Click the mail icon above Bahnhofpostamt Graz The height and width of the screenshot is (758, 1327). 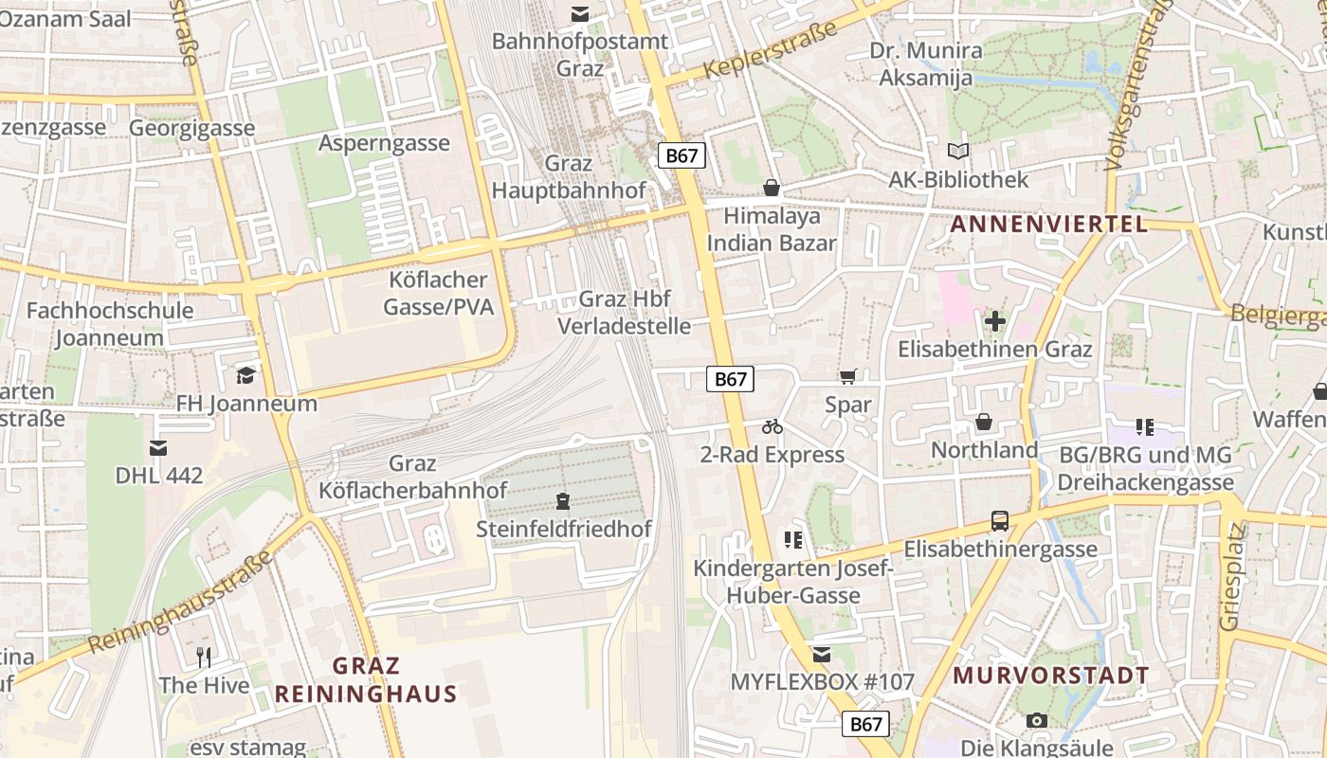click(x=579, y=14)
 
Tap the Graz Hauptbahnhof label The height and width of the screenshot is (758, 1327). click(x=569, y=177)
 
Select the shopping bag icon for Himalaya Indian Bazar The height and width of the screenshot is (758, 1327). click(x=772, y=188)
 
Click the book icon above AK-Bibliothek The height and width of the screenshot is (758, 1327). click(x=958, y=152)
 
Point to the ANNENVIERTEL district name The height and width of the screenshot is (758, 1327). click(x=1049, y=225)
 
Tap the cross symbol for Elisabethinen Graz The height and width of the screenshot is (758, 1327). click(x=994, y=321)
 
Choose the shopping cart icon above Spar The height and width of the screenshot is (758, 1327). click(x=847, y=376)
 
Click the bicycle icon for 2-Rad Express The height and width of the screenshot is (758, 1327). click(x=773, y=426)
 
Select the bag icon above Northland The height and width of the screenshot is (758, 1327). click(x=984, y=422)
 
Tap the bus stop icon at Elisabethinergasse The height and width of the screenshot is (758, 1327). click(x=1000, y=520)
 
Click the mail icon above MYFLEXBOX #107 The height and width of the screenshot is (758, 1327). click(x=822, y=654)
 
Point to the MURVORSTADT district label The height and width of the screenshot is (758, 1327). click(x=1051, y=677)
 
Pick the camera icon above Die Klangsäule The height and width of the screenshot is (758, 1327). click(x=1037, y=720)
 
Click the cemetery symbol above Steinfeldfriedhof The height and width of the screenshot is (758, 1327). click(x=564, y=500)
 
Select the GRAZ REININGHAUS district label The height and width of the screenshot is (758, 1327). click(x=366, y=680)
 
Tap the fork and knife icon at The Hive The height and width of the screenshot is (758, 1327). click(x=204, y=657)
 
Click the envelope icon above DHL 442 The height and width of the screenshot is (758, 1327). click(x=158, y=447)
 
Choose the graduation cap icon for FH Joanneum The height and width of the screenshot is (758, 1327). click(x=246, y=375)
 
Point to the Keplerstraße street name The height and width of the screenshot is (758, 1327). click(x=772, y=49)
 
